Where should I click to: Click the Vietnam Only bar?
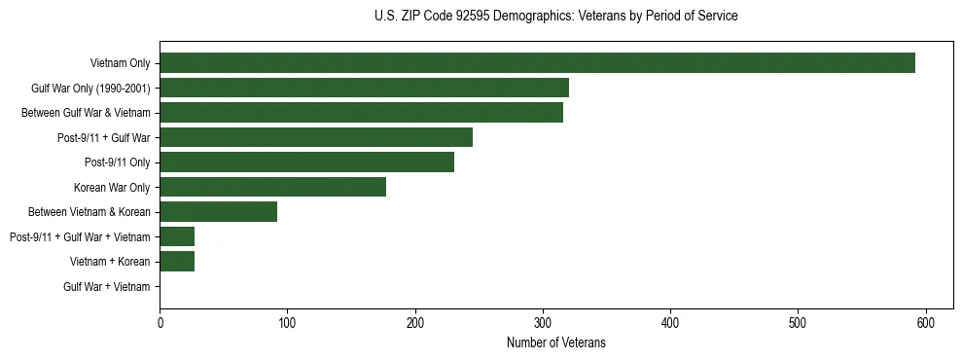[537, 63]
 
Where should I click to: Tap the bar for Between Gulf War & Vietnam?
[361, 113]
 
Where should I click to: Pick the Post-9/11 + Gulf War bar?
[316, 137]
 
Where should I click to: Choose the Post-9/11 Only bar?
[306, 162]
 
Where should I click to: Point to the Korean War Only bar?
[272, 187]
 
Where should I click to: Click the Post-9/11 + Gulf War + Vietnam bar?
[177, 236]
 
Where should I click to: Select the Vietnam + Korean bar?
[177, 261]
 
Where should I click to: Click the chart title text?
[555, 17]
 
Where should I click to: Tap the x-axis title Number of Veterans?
[555, 342]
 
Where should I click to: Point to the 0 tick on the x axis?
[160, 323]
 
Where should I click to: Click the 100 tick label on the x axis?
[287, 323]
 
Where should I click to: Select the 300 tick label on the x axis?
[543, 323]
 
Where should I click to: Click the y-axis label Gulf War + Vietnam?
[107, 286]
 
